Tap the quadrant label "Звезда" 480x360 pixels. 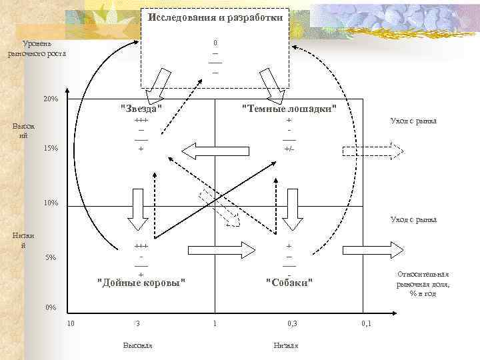[141, 109]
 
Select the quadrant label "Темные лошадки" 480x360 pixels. [289, 109]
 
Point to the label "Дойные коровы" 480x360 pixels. [141, 282]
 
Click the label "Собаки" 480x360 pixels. [289, 282]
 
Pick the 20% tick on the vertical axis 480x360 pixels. [51, 99]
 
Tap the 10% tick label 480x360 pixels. [51, 203]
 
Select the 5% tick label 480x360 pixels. [51, 257]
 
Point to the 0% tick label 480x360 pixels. [51, 307]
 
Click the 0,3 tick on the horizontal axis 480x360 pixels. [293, 324]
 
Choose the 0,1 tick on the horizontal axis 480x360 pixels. [366, 324]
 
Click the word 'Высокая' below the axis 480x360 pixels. [138, 345]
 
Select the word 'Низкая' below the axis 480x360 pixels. [286, 345]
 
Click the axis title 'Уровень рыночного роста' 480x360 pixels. [37, 49]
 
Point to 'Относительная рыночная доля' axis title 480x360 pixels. [423, 283]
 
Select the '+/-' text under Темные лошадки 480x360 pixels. [289, 149]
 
